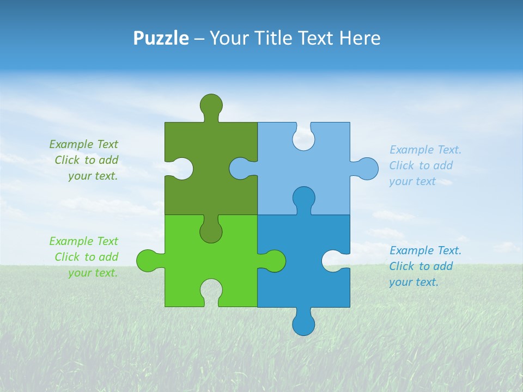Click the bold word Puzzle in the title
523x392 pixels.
pyautogui.click(x=161, y=38)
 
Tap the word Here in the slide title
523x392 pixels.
pyautogui.click(x=360, y=38)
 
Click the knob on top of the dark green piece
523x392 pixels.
pyautogui.click(x=211, y=105)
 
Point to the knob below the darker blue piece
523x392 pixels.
pyautogui.click(x=303, y=324)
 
